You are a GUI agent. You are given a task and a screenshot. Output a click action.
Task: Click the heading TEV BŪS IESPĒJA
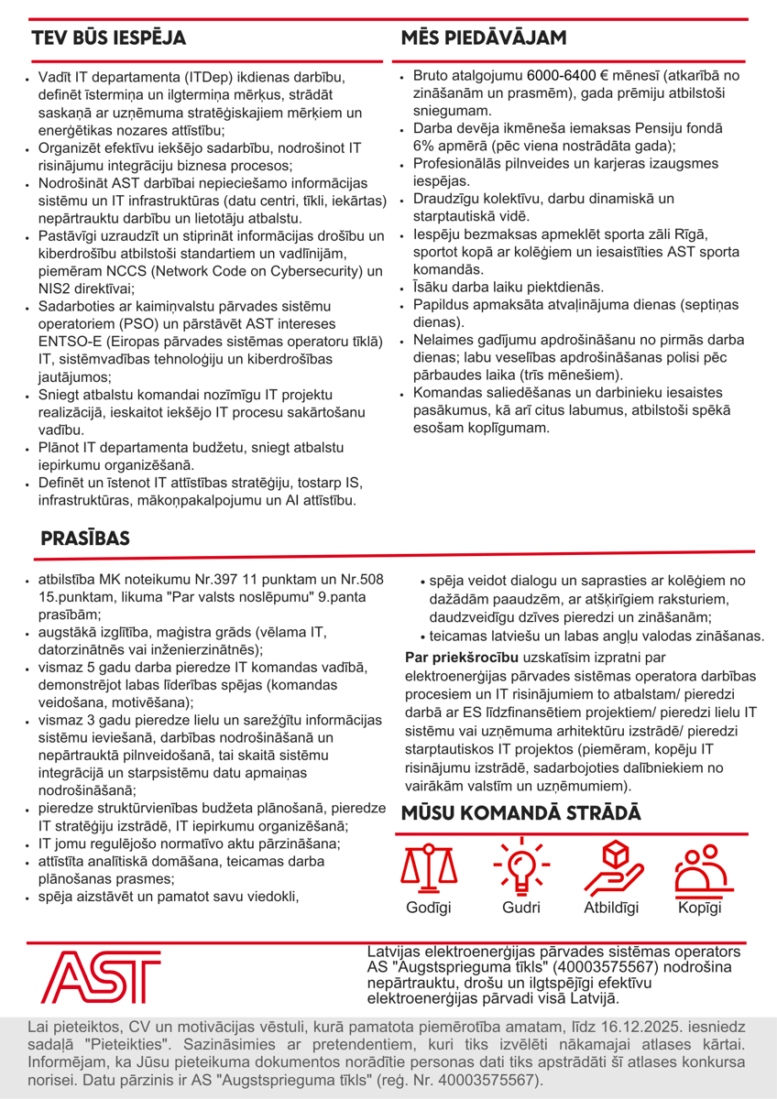(x=109, y=38)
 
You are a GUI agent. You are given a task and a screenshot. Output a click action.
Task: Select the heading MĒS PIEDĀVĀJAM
(x=483, y=38)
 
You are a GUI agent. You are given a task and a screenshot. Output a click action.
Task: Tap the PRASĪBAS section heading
(x=85, y=539)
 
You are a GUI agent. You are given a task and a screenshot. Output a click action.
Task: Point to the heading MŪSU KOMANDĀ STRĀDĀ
(x=521, y=812)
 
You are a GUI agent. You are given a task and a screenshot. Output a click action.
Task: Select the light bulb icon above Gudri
(x=520, y=867)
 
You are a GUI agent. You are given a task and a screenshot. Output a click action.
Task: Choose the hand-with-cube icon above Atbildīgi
(x=611, y=867)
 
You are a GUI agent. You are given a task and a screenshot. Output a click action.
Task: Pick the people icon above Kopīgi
(x=700, y=869)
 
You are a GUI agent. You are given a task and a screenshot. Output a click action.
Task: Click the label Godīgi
(x=428, y=909)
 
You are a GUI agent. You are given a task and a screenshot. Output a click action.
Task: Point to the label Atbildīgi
(x=611, y=909)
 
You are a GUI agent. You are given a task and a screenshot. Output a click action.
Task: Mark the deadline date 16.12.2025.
(x=616, y=1026)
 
